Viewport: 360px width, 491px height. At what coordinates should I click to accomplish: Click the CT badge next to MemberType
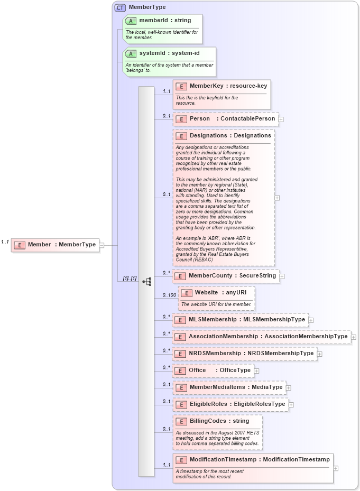pos(120,7)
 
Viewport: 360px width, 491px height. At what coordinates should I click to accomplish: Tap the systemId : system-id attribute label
pos(169,53)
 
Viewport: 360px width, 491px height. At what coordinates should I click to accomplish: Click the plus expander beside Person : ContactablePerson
pos(281,119)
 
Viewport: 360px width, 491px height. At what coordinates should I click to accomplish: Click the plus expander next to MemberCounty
pos(282,276)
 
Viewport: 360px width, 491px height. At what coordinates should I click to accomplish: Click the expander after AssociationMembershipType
pos(354,337)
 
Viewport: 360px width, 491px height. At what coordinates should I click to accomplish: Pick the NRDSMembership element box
pos(244,354)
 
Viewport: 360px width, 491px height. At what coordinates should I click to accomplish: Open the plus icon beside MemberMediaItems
pos(288,388)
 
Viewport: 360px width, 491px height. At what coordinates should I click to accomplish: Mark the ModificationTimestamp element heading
pos(260,460)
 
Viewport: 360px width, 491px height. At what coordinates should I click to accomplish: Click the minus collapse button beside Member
pos(102,245)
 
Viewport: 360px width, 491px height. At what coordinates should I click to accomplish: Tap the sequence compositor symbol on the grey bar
pos(147,281)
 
